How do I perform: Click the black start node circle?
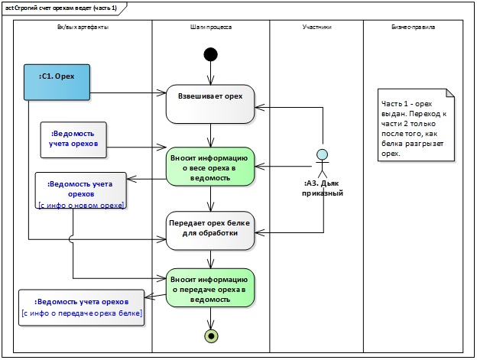click(x=210, y=54)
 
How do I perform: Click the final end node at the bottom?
click(x=210, y=335)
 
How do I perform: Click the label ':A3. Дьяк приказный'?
click(x=323, y=188)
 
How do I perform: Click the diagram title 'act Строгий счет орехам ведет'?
click(x=61, y=7)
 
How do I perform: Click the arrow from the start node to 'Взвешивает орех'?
click(x=210, y=73)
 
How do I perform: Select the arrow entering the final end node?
click(x=210, y=319)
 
